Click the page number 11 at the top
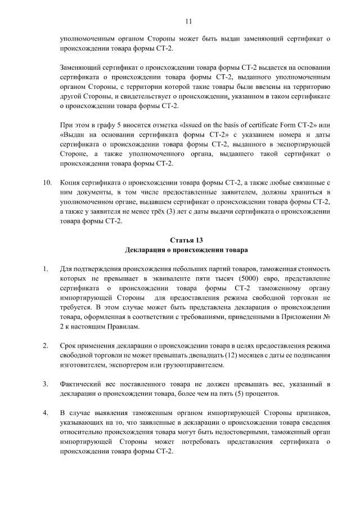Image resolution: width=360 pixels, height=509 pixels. pyautogui.click(x=188, y=21)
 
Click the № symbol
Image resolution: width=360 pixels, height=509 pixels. pyautogui.click(x=326, y=317)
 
